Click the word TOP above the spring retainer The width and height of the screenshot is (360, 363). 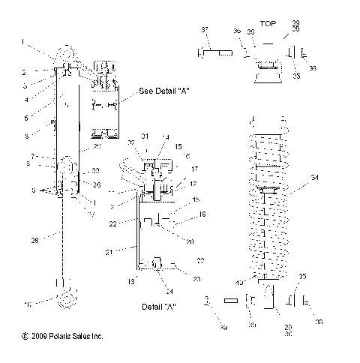[268, 24]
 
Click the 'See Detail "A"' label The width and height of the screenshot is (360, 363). [163, 91]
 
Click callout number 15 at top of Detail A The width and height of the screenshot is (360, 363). [178, 147]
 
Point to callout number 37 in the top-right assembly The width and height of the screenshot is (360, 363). [203, 28]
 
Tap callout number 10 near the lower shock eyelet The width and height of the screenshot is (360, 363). [28, 304]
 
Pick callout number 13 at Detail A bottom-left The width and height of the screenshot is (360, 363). [132, 281]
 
